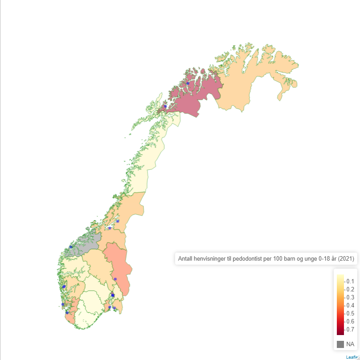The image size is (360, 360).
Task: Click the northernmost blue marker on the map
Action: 188,83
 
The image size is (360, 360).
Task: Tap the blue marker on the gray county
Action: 71,246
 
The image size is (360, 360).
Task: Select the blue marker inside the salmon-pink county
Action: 115,279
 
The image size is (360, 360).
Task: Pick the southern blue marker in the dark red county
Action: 165,106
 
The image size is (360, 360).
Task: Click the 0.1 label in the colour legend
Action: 350,281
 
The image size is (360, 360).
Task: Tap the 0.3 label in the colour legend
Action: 350,297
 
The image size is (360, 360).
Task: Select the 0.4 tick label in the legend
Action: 350,305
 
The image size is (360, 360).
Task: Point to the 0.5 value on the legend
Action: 350,313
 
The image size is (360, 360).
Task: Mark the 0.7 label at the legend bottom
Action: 350,329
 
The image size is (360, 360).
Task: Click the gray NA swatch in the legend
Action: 340,344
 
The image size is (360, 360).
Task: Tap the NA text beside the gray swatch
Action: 350,344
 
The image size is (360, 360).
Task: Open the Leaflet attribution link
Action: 352,357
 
